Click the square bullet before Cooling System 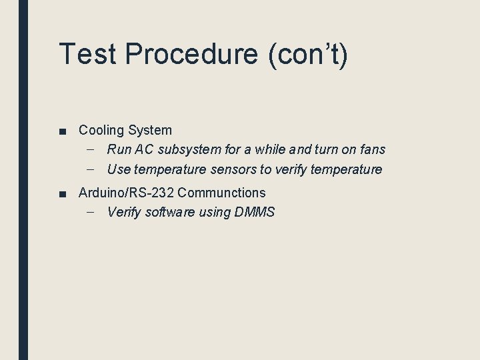click(x=62, y=131)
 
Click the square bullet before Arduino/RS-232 click(x=62, y=194)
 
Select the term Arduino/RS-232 click(x=126, y=193)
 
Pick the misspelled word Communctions click(x=222, y=193)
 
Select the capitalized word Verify click(x=124, y=213)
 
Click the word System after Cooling click(x=151, y=130)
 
